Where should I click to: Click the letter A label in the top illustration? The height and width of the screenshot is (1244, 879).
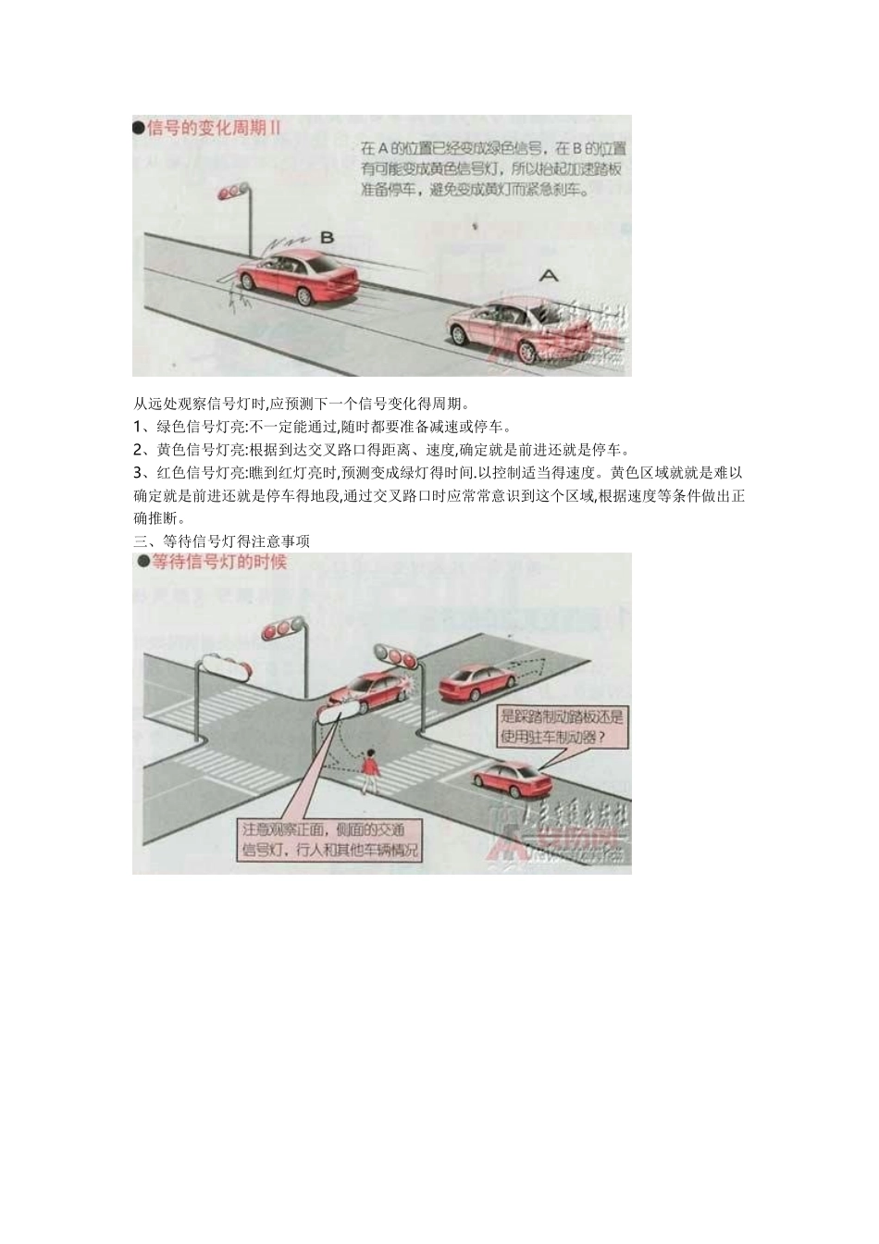[549, 275]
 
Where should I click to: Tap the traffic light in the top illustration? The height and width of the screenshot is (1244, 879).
[232, 193]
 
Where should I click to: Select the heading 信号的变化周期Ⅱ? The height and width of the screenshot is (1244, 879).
[214, 128]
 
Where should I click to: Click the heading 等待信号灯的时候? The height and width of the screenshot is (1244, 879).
[219, 562]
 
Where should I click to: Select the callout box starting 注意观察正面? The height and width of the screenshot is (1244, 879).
[330, 839]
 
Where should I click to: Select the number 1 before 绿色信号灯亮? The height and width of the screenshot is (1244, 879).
[137, 427]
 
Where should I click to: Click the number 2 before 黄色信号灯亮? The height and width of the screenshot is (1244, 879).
[138, 450]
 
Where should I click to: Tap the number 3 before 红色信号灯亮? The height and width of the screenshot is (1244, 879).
[138, 473]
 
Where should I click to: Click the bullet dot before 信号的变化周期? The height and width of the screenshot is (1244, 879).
[140, 128]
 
